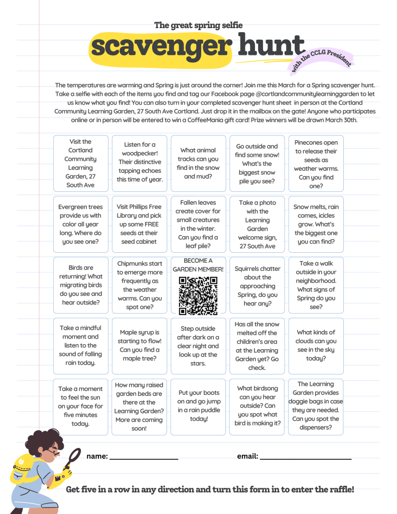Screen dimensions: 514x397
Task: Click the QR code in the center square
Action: point(198,295)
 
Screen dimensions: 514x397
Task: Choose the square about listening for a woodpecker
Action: point(140,163)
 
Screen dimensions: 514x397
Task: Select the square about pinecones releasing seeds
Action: point(316,163)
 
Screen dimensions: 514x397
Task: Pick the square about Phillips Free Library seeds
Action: point(140,224)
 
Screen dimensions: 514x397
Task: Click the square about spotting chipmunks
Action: point(140,285)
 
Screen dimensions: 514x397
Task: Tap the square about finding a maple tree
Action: point(140,346)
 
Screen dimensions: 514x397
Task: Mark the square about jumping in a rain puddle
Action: point(198,406)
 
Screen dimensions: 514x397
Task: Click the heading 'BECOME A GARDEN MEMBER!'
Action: point(198,265)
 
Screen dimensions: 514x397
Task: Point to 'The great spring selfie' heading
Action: point(198,25)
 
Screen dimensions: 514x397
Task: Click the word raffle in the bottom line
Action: point(339,489)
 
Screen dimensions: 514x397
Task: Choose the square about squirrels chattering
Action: point(257,285)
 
